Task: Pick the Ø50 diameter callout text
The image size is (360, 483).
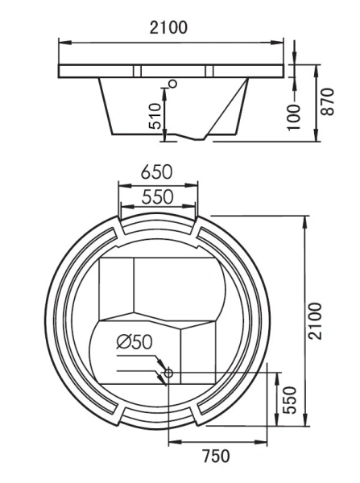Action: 134,341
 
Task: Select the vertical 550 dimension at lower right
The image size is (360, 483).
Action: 292,400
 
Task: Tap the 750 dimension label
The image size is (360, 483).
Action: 216,456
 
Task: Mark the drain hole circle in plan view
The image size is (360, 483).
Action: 168,372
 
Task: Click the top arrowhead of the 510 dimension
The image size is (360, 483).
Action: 165,89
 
